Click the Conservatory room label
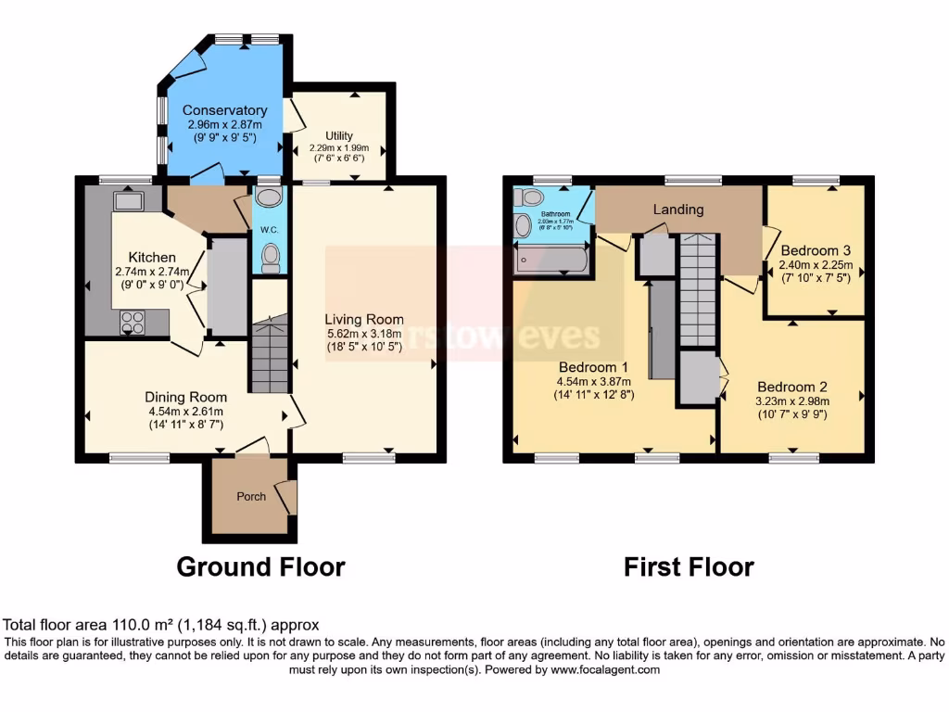click(224, 110)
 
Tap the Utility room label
click(338, 136)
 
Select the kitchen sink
click(126, 200)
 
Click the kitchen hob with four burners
click(133, 322)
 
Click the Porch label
click(251, 496)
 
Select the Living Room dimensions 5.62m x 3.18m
click(364, 336)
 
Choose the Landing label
click(678, 210)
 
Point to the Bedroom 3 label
click(815, 250)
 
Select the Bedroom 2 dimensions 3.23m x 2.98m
click(791, 401)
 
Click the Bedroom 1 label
click(592, 366)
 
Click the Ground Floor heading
click(260, 566)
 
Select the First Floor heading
click(688, 566)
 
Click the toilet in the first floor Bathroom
click(531, 197)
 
